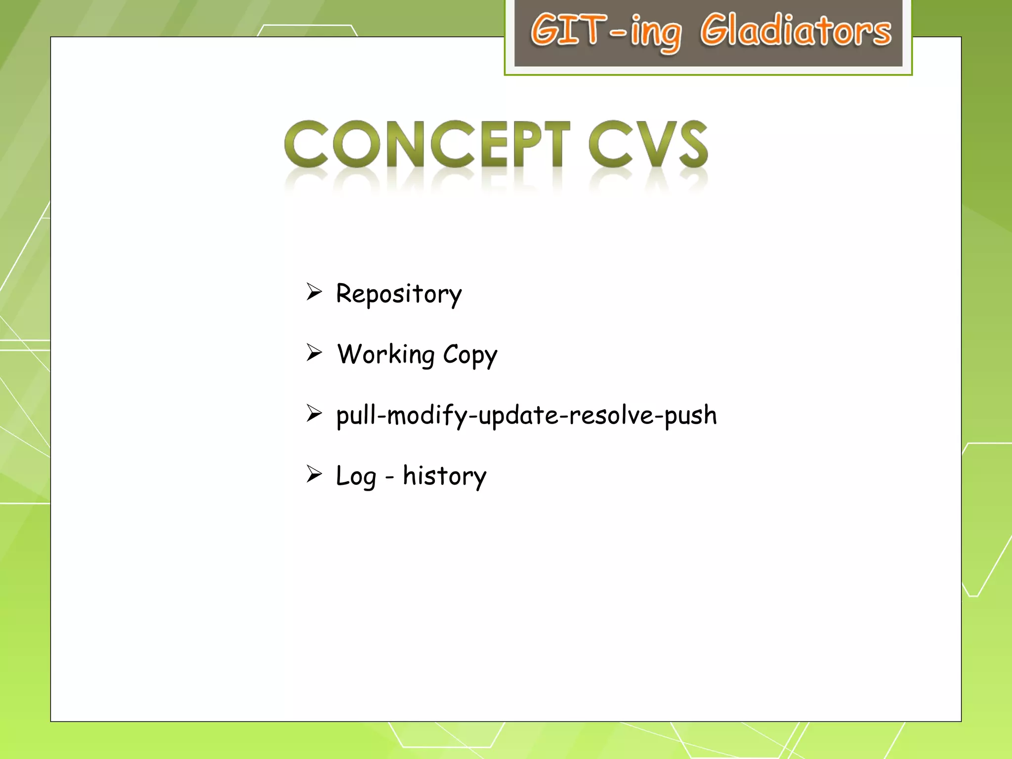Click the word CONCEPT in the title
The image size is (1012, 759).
click(x=427, y=144)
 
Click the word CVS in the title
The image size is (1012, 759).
click(x=648, y=144)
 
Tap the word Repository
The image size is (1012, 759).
click(x=398, y=294)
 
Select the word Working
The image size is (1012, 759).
click(x=386, y=355)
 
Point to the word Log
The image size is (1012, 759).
click(x=356, y=477)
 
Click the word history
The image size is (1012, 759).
click(x=444, y=476)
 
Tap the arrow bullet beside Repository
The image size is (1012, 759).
click(x=314, y=292)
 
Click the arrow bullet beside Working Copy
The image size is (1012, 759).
click(x=314, y=353)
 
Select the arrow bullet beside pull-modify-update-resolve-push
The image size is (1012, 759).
click(x=314, y=413)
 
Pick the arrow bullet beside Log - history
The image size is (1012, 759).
click(x=314, y=474)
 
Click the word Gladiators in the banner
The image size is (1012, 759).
click(x=796, y=31)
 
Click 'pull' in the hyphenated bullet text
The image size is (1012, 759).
click(x=355, y=416)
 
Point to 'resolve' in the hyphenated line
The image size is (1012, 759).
click(x=611, y=415)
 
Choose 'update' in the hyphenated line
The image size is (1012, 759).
click(x=518, y=416)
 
